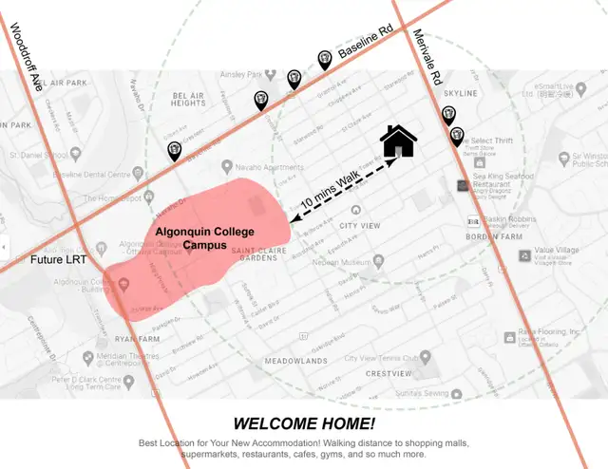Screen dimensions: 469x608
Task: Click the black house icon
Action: pyautogui.click(x=399, y=141)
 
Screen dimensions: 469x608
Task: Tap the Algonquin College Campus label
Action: pyautogui.click(x=199, y=237)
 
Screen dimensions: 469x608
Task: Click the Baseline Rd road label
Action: pyautogui.click(x=366, y=47)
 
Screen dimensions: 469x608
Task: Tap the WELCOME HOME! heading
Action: pyautogui.click(x=304, y=423)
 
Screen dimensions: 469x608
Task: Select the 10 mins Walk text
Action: pyautogui.click(x=332, y=187)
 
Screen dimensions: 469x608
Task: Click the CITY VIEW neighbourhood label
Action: pyautogui.click(x=360, y=226)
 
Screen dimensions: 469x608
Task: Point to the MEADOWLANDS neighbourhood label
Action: pyautogui.click(x=295, y=362)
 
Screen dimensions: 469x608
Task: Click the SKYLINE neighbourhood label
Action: pyautogui.click(x=461, y=93)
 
